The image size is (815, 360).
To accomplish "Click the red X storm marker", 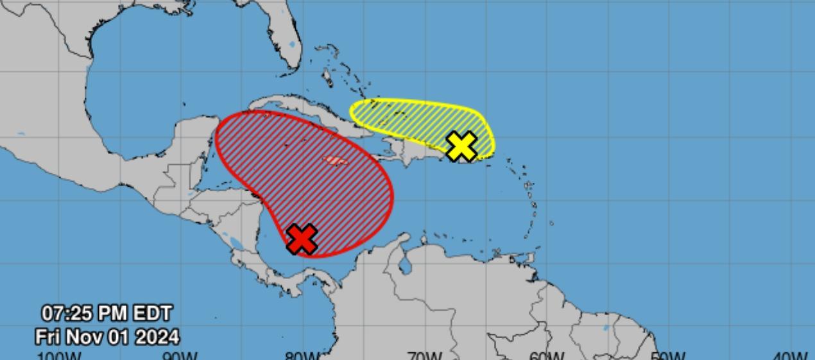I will pos(302,239).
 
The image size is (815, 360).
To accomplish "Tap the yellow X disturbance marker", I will pos(461,146).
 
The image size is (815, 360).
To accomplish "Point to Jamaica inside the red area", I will pos(335,160).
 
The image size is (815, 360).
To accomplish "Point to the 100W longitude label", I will pos(59,356).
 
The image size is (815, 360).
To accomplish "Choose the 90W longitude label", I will pos(180,356).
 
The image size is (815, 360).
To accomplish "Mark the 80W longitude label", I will pos(302,356).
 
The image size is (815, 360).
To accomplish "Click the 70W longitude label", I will pos(424,356).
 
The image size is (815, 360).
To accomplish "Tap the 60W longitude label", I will pos(546,356).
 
